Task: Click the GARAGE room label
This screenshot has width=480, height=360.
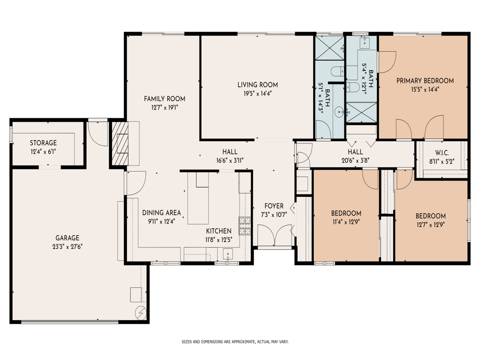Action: tap(68, 238)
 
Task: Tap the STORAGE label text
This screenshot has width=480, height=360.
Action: tap(43, 143)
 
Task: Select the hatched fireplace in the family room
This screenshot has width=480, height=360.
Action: tap(122, 143)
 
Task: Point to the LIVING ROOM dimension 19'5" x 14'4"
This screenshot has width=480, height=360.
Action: tap(257, 93)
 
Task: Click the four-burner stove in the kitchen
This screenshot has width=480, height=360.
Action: tap(245, 226)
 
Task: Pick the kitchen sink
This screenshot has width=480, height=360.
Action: tap(227, 255)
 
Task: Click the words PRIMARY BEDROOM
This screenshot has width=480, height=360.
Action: tap(425, 81)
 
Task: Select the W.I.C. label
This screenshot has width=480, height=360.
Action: tap(442, 152)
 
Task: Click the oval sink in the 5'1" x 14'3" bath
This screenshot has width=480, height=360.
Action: tap(340, 112)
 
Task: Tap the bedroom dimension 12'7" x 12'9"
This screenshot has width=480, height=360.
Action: tap(430, 225)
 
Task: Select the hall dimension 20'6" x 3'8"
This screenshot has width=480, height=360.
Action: tap(355, 160)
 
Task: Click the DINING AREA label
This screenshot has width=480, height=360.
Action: tap(161, 212)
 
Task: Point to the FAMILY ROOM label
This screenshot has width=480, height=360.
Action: tap(164, 99)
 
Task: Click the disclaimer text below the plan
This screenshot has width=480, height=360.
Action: tap(235, 342)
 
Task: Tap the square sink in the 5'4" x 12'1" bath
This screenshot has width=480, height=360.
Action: tap(366, 44)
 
